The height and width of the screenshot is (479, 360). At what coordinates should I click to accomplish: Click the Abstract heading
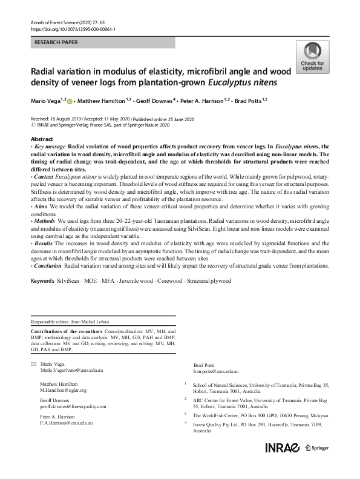pos(42,139)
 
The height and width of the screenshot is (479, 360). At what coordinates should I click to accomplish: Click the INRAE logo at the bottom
pos(281,448)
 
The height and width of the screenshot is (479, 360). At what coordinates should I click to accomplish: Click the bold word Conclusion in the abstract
pos(48,266)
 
